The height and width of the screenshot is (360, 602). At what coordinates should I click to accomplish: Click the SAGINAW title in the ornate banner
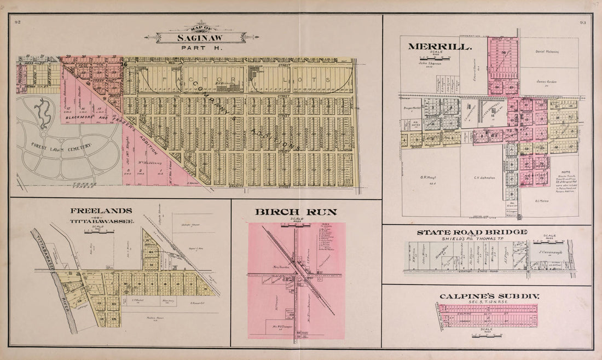(200, 38)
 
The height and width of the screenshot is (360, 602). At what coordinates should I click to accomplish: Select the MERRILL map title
(440, 47)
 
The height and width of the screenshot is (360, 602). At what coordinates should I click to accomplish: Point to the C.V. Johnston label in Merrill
(484, 177)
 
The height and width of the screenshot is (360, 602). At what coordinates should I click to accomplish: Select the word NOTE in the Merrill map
(565, 155)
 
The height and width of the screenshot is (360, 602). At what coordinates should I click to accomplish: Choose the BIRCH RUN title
(296, 212)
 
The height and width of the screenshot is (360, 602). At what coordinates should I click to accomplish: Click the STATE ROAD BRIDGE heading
(472, 232)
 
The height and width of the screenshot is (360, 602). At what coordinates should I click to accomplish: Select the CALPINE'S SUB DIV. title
(489, 296)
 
